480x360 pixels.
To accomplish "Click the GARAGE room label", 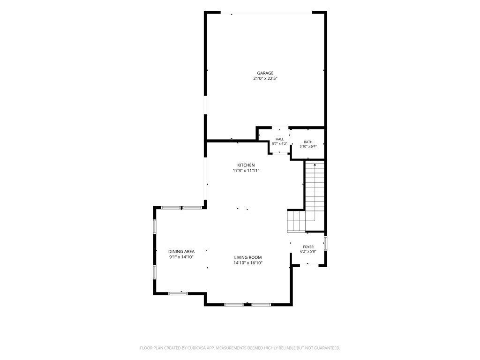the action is tap(265, 73).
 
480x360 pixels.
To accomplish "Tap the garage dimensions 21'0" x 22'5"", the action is tap(265, 79).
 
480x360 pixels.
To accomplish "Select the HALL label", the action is tap(279, 139).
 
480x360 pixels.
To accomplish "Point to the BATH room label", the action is tap(308, 142).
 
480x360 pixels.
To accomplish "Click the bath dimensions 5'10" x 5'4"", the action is tap(308, 146).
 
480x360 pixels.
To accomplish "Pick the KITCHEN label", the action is tap(246, 165).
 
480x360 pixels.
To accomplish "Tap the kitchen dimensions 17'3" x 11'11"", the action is tap(246, 171).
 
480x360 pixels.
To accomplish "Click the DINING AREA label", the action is tap(181, 252).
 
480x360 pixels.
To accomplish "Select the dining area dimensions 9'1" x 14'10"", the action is tap(181, 257).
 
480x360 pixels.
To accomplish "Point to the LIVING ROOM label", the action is tap(248, 257).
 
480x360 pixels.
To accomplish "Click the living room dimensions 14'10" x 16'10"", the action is tap(248, 263).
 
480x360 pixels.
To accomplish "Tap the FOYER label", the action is tap(308, 247).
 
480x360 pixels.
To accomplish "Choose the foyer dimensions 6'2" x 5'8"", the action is tap(308, 251).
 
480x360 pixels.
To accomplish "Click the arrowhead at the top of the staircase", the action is tap(315, 165).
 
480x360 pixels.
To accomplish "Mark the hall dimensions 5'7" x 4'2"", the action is tap(279, 143).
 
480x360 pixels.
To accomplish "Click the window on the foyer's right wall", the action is tap(325, 242).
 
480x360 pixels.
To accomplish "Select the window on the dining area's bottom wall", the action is tap(178, 293).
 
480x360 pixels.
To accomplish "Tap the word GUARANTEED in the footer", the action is tap(329, 348).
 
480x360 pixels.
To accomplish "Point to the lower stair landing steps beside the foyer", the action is tap(296, 221).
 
